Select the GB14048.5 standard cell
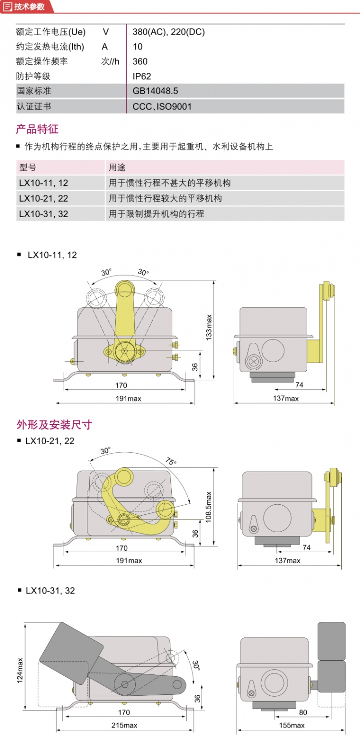(155, 90)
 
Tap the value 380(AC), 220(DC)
(168, 32)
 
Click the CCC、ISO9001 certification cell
(162, 106)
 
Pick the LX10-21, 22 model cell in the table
(44, 198)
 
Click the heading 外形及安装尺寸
(54, 425)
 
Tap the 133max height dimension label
(209, 327)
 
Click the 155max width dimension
(291, 725)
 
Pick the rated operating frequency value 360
(140, 61)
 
